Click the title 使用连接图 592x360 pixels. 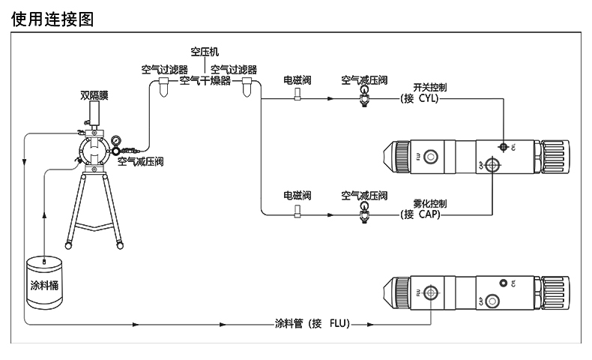(52, 18)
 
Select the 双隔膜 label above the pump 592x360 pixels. (94, 95)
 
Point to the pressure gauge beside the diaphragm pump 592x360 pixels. (116, 142)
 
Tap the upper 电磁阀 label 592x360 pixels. (297, 78)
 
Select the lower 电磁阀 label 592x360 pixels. (297, 195)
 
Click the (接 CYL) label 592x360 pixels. (420, 98)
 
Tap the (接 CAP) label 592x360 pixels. (420, 215)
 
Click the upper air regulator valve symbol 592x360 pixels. (365, 96)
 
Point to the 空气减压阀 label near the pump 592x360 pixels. (140, 161)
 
